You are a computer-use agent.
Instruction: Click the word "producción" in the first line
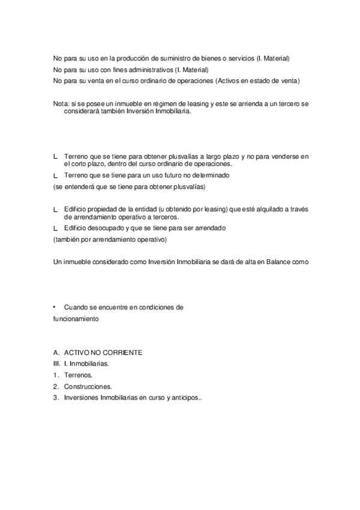tap(134, 58)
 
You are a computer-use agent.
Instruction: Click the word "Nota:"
tap(61, 104)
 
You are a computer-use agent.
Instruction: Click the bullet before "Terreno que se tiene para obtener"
tap(55, 156)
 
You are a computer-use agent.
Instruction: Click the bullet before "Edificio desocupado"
tap(55, 229)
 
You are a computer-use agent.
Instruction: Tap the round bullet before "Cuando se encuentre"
tap(55, 307)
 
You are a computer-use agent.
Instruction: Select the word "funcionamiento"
tap(75, 319)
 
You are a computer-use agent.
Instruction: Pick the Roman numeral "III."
tap(56, 364)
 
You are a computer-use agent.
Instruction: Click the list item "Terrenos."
tap(78, 375)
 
